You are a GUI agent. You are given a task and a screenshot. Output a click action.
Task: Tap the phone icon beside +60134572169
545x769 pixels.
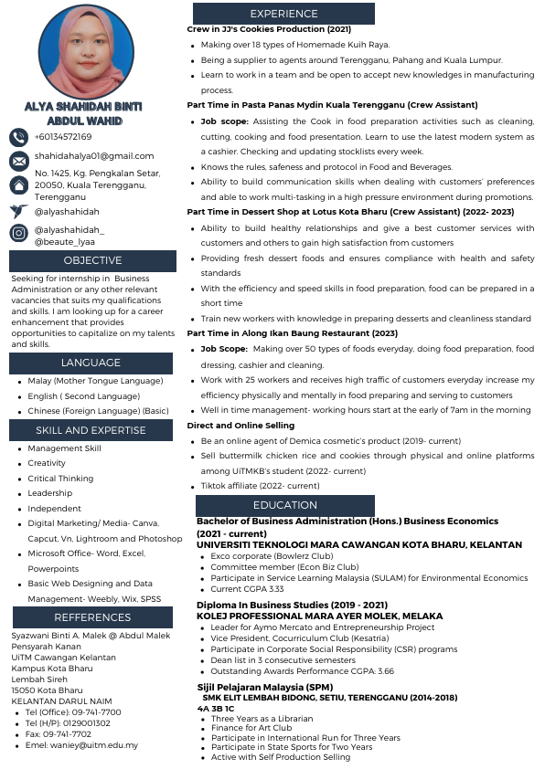(18, 137)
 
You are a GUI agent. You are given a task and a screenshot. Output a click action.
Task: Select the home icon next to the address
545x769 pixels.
(18, 184)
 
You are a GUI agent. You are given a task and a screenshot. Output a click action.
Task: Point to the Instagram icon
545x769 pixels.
(18, 233)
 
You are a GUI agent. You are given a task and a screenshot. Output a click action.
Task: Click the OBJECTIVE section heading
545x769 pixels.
(92, 261)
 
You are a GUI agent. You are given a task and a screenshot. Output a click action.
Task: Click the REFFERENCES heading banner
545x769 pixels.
(91, 616)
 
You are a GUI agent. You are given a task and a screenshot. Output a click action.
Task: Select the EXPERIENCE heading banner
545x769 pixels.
(283, 14)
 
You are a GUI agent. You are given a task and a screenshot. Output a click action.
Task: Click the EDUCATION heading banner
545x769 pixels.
(284, 505)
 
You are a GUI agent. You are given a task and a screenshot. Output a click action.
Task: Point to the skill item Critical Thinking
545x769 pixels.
(60, 479)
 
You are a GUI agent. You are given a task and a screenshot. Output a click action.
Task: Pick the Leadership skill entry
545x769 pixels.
(50, 493)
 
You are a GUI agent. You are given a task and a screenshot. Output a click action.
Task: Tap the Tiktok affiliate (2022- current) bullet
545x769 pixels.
(261, 486)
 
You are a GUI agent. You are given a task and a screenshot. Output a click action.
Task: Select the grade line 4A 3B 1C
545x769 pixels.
(216, 709)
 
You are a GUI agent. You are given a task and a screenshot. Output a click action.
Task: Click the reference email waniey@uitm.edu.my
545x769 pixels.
(82, 745)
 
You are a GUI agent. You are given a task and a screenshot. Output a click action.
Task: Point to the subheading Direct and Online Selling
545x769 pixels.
(240, 426)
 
